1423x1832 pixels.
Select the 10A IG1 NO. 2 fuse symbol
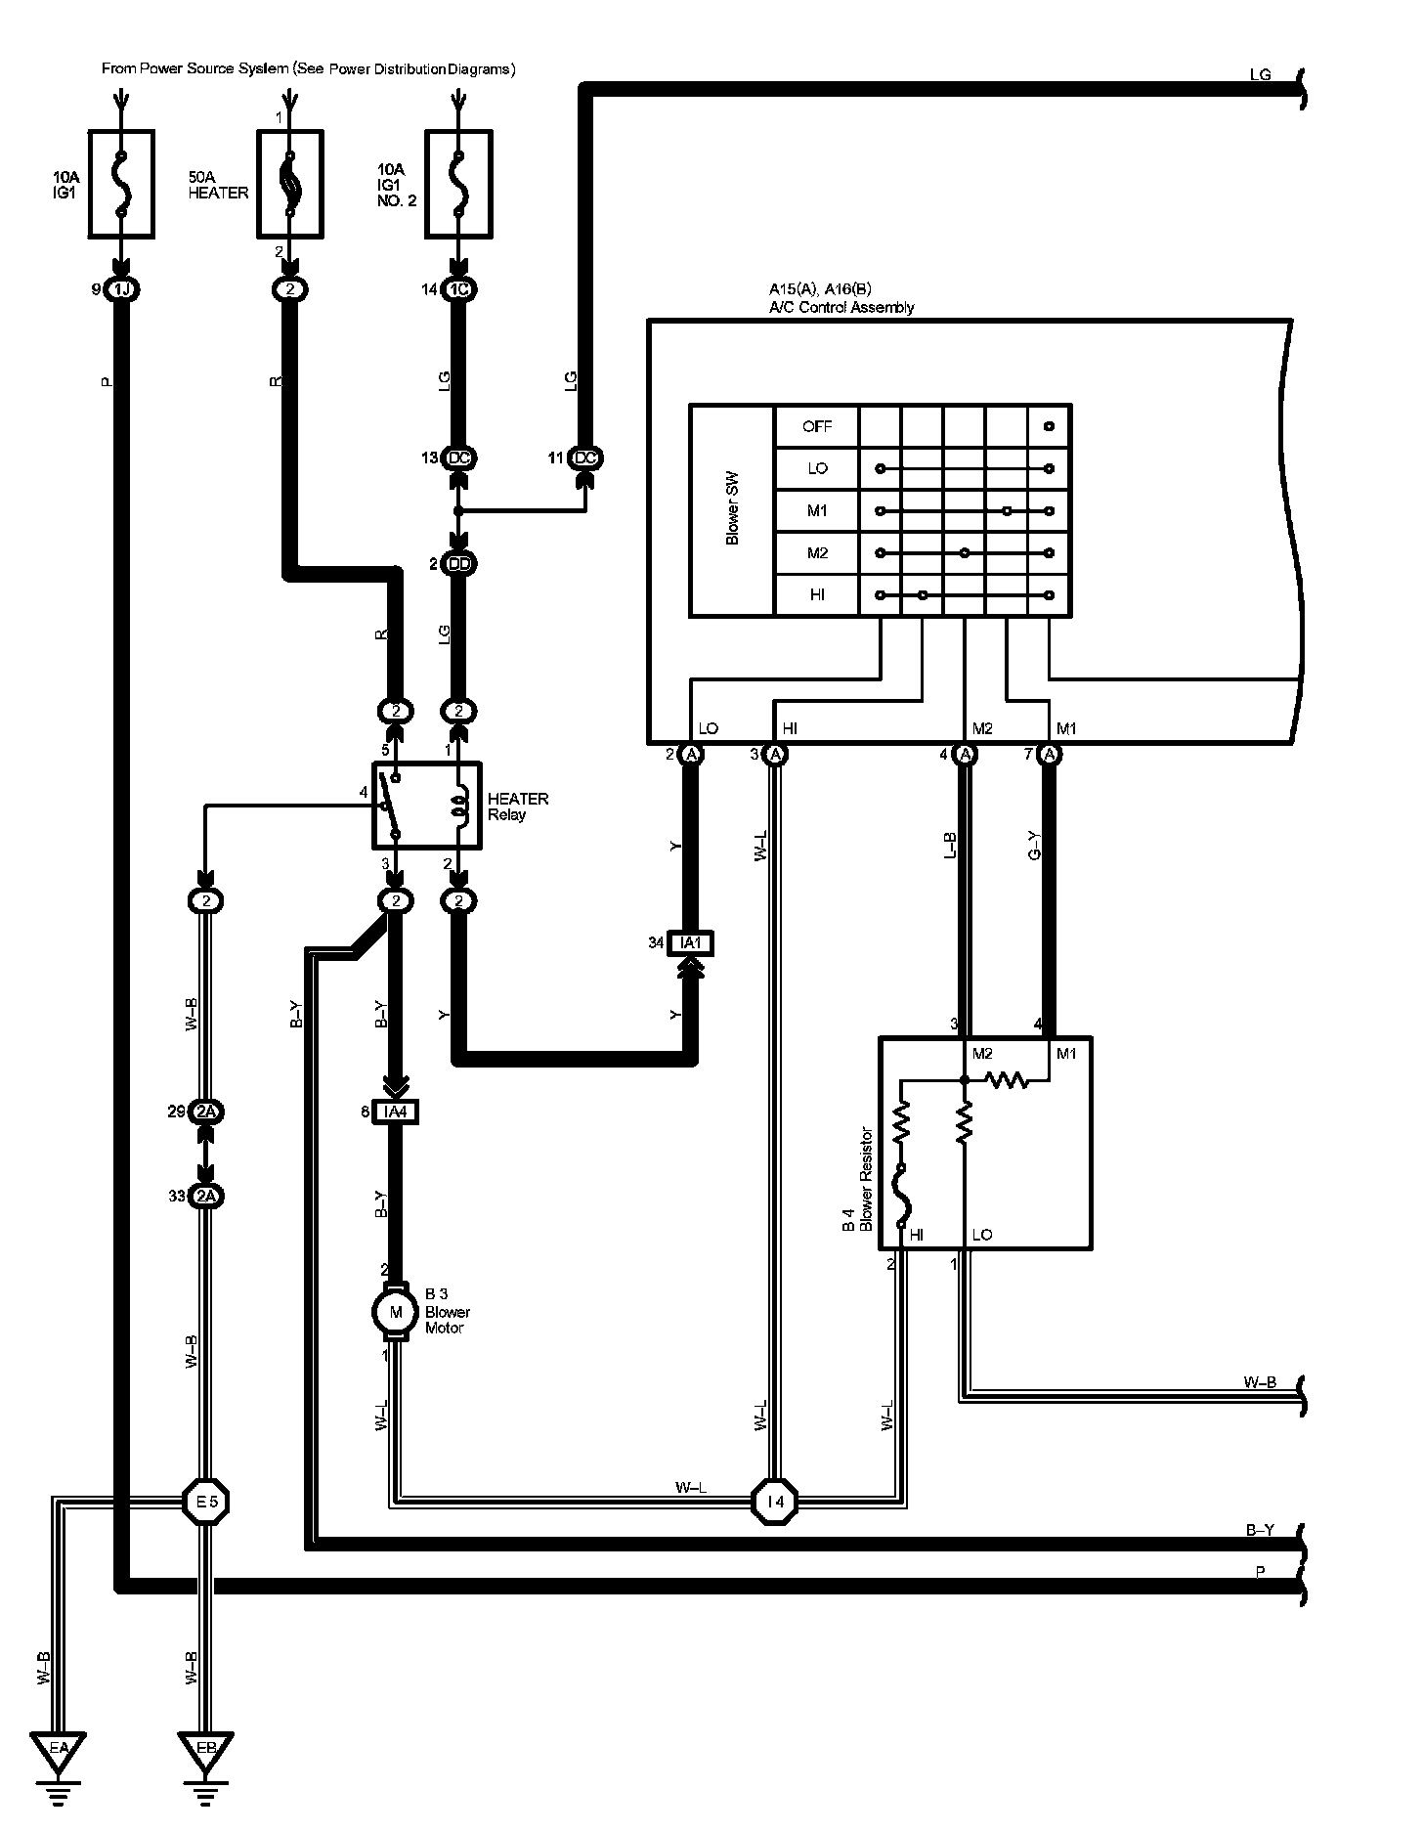point(458,184)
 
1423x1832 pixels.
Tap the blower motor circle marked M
point(396,1312)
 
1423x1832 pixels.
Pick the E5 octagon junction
point(206,1501)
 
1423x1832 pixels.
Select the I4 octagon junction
point(774,1501)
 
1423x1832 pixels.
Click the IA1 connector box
point(690,943)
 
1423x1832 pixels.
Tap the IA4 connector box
point(395,1112)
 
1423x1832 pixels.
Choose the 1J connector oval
point(121,289)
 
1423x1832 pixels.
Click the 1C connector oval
point(458,289)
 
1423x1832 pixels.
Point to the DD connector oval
point(458,564)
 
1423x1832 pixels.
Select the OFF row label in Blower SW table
point(816,426)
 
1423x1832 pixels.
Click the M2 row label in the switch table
point(816,553)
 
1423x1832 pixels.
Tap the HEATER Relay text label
point(517,807)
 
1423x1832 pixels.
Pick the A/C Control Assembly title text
point(841,307)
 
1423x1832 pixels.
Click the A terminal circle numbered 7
point(1050,755)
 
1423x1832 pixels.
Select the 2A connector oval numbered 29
point(206,1112)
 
